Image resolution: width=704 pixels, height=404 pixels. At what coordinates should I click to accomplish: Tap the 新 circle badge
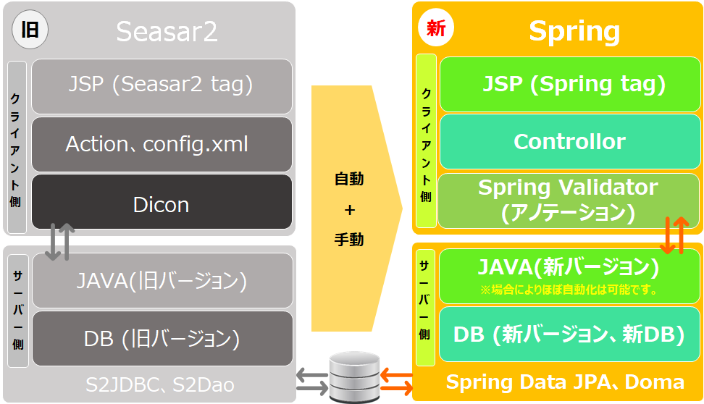436,29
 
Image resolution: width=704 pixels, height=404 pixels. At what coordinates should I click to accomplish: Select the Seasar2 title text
167,32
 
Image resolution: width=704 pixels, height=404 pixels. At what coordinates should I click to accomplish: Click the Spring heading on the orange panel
574,31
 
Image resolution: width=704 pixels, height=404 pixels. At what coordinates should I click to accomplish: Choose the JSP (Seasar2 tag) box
162,85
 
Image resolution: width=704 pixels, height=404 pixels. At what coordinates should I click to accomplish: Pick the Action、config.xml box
162,143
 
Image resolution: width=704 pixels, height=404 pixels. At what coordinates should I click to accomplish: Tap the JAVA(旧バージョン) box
162,280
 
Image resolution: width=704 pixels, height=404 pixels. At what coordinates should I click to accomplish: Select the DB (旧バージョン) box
162,338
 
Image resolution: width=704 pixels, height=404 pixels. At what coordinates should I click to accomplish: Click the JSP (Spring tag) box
570,84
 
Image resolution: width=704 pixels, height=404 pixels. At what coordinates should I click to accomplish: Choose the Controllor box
570,141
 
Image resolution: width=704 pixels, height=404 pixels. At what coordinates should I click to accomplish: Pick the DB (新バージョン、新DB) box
570,334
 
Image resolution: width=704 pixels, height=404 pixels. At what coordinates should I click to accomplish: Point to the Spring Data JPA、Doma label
565,382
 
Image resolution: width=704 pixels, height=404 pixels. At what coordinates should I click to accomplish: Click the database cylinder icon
354,376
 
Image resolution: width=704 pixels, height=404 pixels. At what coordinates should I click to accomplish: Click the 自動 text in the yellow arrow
349,179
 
